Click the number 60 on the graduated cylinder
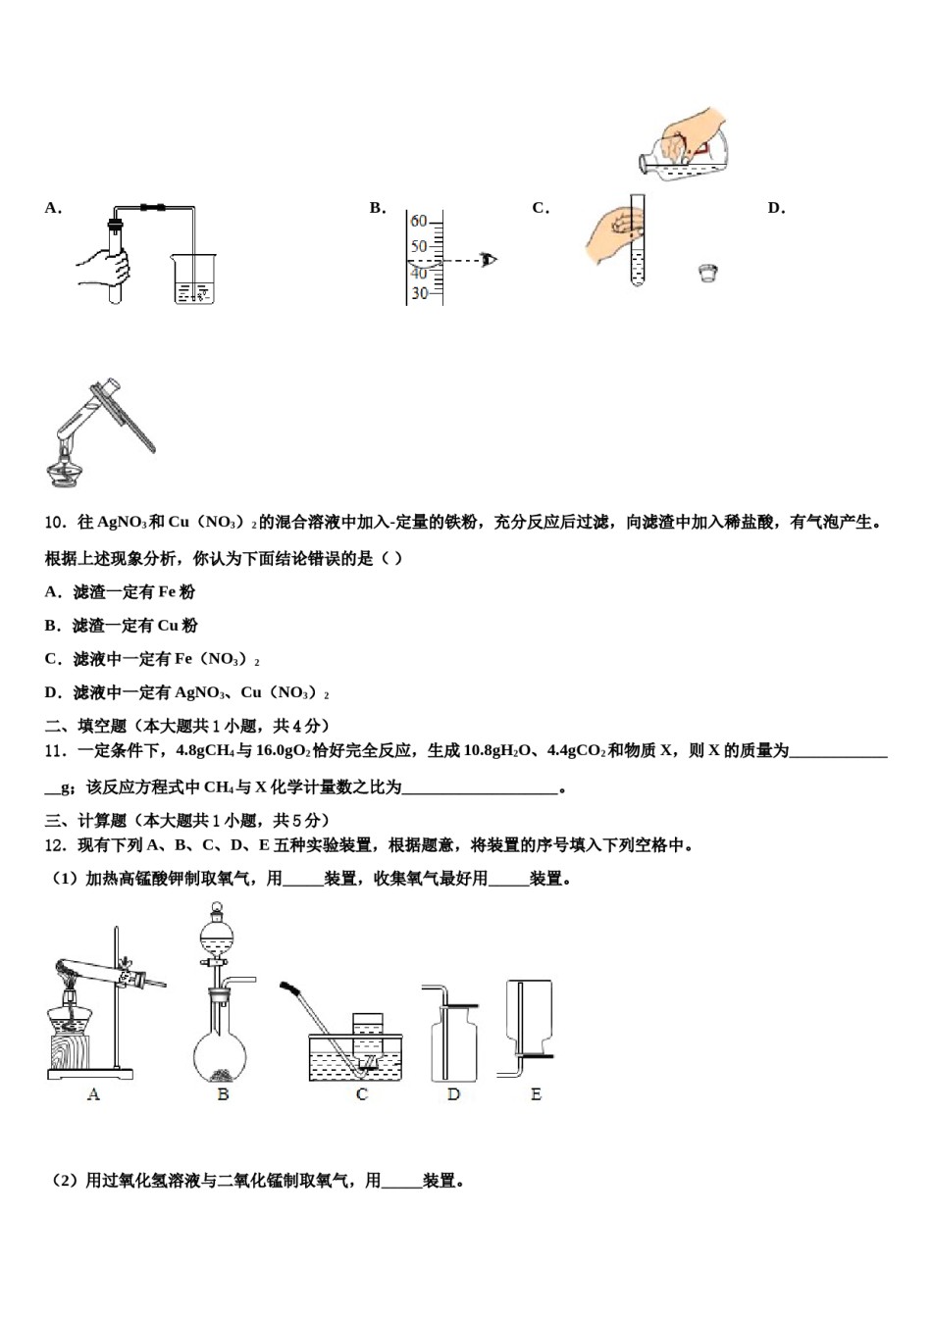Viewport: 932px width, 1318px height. pos(419,222)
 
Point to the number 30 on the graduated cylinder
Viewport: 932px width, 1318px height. pos(419,293)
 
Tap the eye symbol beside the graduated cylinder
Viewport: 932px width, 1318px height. pos(489,260)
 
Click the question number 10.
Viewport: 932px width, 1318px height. pos(55,523)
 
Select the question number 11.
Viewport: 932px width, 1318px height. pos(55,751)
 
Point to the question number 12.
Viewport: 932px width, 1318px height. pos(55,845)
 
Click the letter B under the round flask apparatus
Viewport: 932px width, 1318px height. pos(223,1094)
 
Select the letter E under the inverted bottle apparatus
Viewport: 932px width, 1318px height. pos(536,1094)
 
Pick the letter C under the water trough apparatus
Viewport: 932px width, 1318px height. pos(361,1094)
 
